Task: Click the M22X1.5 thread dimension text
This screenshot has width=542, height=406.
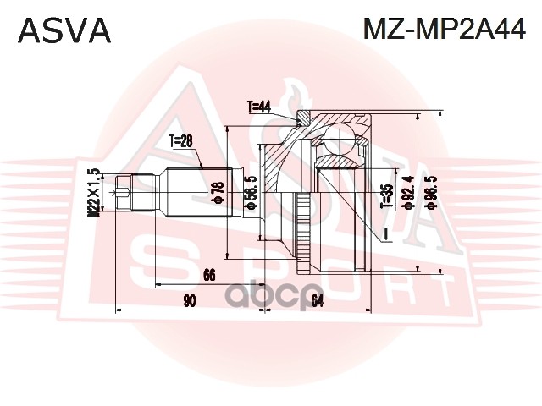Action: pyautogui.click(x=96, y=194)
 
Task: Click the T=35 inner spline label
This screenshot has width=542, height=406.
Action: pyautogui.click(x=386, y=195)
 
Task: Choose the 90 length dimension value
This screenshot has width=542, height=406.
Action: pyautogui.click(x=189, y=299)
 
